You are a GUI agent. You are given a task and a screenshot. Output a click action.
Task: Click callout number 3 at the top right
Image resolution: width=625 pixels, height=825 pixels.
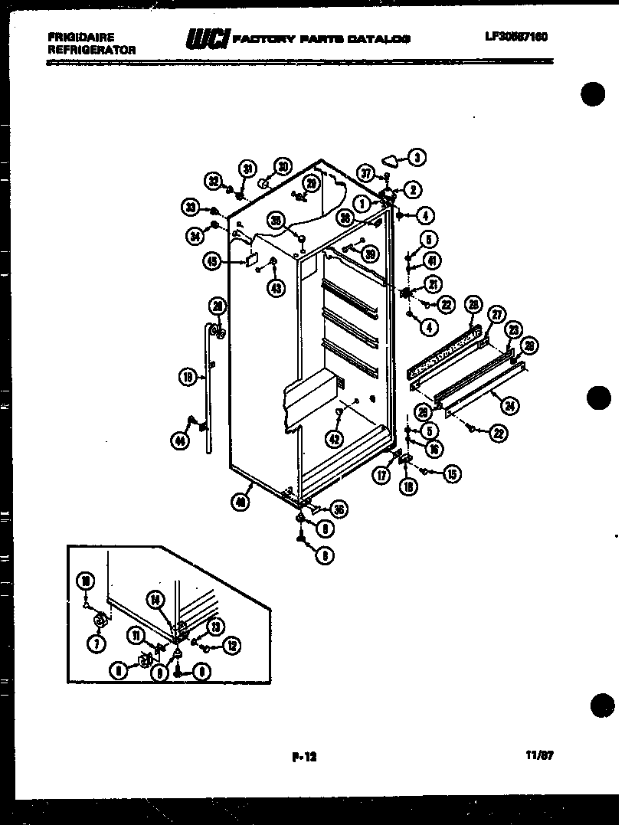tap(417, 159)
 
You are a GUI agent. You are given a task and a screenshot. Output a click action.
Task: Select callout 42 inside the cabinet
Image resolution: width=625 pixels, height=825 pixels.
tap(333, 439)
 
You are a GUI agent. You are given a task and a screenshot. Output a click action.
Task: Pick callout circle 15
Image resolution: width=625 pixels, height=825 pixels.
tap(451, 475)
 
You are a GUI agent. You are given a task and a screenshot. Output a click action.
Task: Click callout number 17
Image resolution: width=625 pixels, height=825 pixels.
tap(381, 475)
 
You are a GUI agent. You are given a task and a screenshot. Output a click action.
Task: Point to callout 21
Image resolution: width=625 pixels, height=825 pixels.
tap(434, 285)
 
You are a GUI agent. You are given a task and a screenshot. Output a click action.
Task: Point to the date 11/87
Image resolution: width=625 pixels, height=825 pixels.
tap(540, 755)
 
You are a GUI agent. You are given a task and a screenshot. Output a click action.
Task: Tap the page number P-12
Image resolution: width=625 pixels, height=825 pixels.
tap(304, 757)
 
